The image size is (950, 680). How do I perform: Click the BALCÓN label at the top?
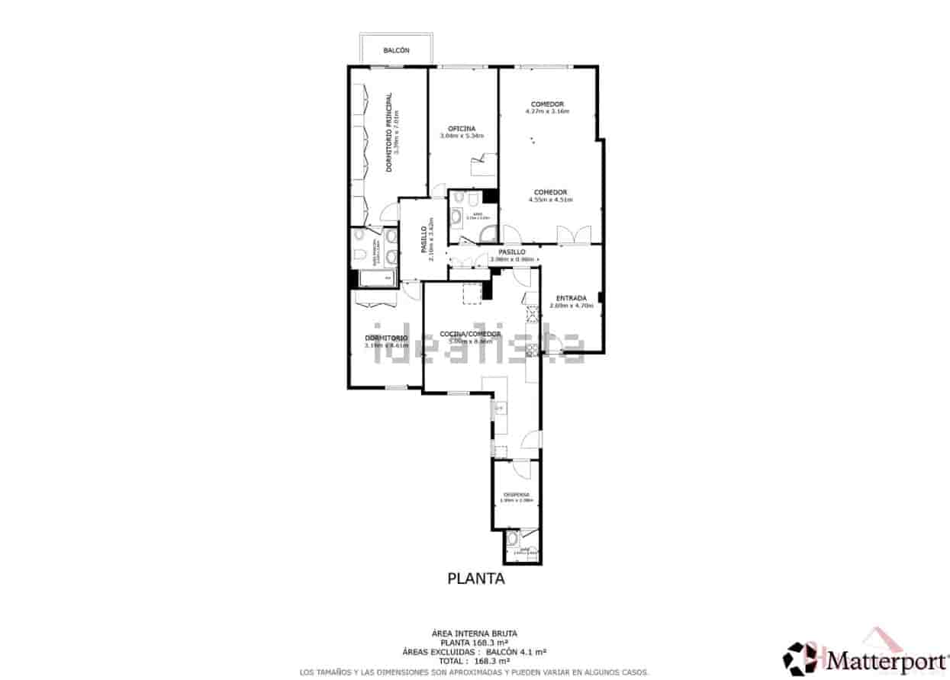[397, 50]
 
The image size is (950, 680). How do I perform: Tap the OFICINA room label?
[462, 128]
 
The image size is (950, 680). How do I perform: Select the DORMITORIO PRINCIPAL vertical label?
[388, 132]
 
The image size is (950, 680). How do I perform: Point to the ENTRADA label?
[571, 298]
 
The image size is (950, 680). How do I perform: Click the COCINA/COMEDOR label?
[470, 334]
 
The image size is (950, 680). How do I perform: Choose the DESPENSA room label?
[516, 494]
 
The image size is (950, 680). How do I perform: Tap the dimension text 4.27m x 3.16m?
[547, 111]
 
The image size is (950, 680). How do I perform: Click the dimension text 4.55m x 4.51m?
[550, 200]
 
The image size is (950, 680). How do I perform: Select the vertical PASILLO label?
[423, 239]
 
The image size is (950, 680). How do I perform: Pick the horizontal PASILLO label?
[511, 252]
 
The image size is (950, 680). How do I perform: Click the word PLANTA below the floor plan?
[475, 579]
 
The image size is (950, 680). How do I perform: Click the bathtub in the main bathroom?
[375, 278]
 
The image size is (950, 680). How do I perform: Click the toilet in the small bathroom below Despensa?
[512, 542]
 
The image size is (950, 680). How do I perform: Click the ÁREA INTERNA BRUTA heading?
[474, 633]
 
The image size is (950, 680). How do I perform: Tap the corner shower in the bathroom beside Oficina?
[491, 234]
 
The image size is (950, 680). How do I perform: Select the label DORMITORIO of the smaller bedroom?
[385, 338]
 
